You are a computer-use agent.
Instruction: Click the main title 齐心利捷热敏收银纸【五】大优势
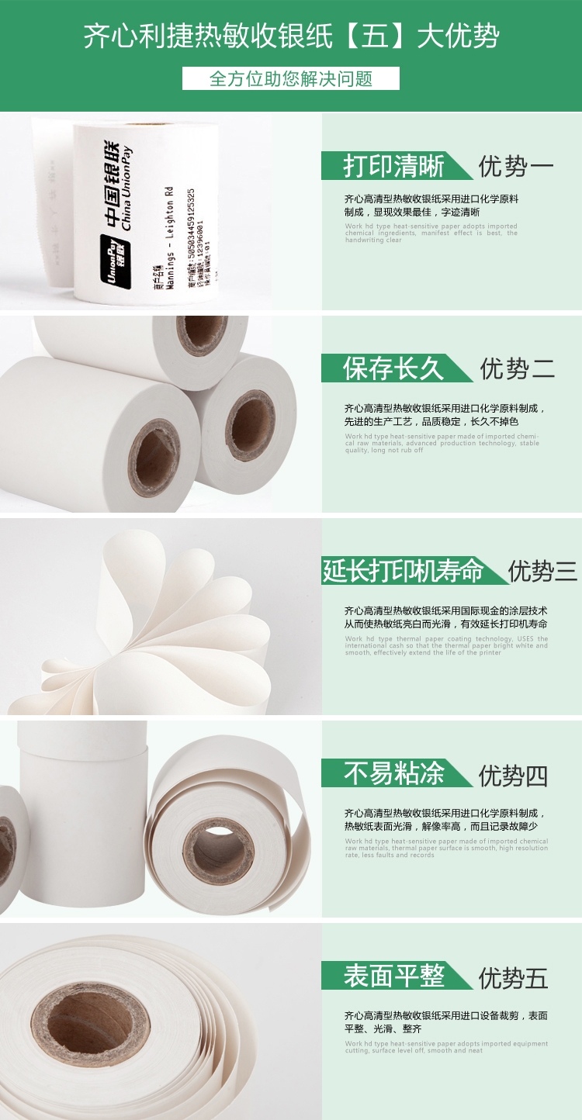(x=291, y=36)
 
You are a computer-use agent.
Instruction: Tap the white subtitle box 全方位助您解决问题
(x=291, y=78)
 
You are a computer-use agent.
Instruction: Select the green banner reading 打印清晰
(x=394, y=166)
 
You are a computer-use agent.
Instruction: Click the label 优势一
(x=515, y=166)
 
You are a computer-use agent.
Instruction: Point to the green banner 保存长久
(x=394, y=368)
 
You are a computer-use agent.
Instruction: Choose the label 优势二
(x=517, y=368)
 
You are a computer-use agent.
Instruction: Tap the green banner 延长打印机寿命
(x=404, y=571)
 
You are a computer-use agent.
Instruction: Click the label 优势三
(x=542, y=571)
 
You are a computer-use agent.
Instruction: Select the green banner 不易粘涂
(x=394, y=774)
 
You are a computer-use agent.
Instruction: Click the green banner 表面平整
(x=394, y=977)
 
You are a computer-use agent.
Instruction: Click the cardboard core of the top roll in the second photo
(x=202, y=335)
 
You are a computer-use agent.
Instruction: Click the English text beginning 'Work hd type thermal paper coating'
(x=446, y=645)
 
